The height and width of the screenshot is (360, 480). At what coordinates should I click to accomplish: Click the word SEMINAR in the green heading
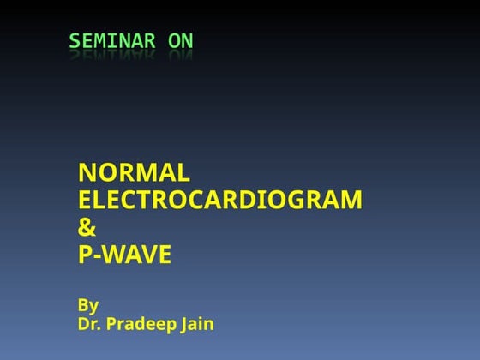tap(112, 41)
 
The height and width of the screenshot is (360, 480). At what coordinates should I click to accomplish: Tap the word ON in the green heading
tap(180, 41)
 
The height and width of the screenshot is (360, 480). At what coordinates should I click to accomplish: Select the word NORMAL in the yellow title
tap(134, 173)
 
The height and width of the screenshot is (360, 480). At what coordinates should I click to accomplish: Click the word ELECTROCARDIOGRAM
tap(220, 201)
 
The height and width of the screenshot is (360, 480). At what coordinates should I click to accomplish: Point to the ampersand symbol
tap(87, 228)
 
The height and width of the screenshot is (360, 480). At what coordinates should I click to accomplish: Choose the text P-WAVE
tap(125, 255)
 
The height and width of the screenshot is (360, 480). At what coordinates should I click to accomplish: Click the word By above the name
tap(88, 305)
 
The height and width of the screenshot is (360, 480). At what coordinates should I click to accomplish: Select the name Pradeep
tap(141, 325)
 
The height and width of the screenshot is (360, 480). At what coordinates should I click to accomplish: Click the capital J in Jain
tap(183, 324)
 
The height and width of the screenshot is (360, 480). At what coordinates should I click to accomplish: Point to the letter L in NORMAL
tap(183, 173)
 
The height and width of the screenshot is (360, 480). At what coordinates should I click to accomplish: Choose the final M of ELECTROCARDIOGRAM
tap(351, 201)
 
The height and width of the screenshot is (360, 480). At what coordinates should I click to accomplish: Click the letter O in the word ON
tap(174, 41)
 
